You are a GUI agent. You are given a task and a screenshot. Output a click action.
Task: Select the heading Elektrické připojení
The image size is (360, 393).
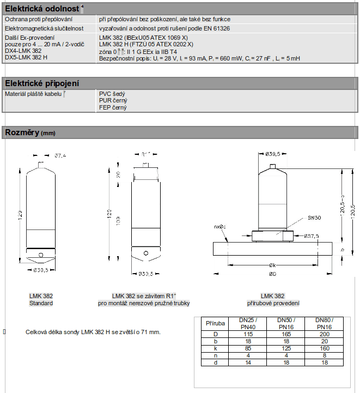tap(41, 83)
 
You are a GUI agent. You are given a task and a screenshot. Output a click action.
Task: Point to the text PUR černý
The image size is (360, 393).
tap(113, 101)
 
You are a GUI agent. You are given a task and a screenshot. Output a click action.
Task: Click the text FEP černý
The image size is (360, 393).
tap(113, 107)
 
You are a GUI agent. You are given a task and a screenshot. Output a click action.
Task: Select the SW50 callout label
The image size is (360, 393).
tap(315, 217)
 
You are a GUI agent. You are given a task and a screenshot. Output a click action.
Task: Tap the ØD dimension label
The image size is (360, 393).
tap(272, 273)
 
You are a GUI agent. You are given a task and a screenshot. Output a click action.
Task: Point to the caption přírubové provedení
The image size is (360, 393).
tap(272, 303)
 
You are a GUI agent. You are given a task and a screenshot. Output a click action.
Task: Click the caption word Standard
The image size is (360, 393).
tap(41, 303)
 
